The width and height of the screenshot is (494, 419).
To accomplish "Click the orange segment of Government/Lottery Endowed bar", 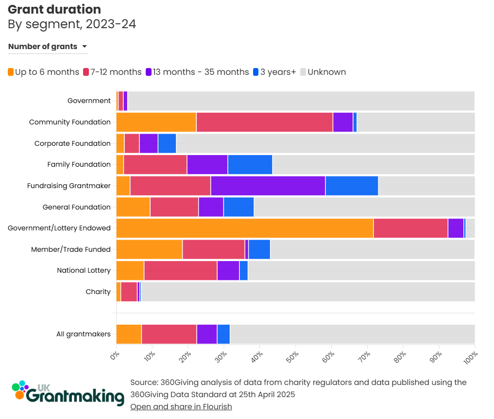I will pos(245,228).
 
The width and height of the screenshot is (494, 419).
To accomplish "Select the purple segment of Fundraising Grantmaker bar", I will pos(268,186).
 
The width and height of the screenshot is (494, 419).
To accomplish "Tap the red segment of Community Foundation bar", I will pos(264,122).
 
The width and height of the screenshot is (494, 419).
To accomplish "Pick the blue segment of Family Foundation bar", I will pos(250,164).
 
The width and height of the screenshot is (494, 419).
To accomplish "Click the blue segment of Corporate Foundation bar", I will pos(167,143).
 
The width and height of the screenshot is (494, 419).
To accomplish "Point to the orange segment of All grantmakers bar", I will pos(129,334).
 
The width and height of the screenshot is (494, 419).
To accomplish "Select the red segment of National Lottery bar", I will pos(181,270).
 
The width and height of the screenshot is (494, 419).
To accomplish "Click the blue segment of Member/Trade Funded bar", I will pos(259,249).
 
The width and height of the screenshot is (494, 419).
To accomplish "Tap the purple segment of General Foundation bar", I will pos(211,207).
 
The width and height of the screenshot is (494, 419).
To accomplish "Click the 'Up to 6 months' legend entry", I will pos(43,72).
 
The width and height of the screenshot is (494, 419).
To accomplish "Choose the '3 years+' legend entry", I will pos(274,72).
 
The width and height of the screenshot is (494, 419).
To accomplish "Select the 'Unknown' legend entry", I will pos(323,72).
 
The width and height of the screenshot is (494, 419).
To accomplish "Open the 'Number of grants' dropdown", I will pos(48,47).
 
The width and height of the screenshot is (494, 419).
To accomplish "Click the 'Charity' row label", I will pos(98,292).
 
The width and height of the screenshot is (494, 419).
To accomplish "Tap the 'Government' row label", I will pos(89,101).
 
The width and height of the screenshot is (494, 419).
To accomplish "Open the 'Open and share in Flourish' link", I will pos(181,406).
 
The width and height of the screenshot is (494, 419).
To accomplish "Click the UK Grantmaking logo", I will pos(68,393).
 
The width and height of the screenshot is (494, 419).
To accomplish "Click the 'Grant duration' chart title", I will pos(54,9).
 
